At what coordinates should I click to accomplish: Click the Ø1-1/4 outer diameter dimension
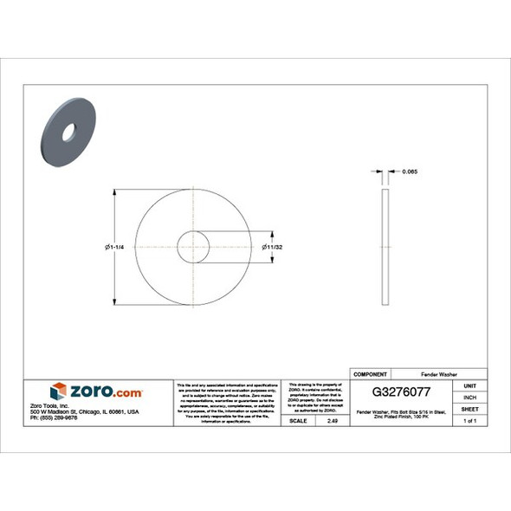click(115, 249)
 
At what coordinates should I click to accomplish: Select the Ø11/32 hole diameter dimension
click(273, 249)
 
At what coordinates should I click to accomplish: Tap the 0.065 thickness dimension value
click(411, 172)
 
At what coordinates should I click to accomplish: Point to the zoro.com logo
click(96, 391)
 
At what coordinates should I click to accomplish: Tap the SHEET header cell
click(470, 408)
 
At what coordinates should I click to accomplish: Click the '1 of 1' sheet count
click(470, 420)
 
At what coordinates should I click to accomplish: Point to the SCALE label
click(297, 420)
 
